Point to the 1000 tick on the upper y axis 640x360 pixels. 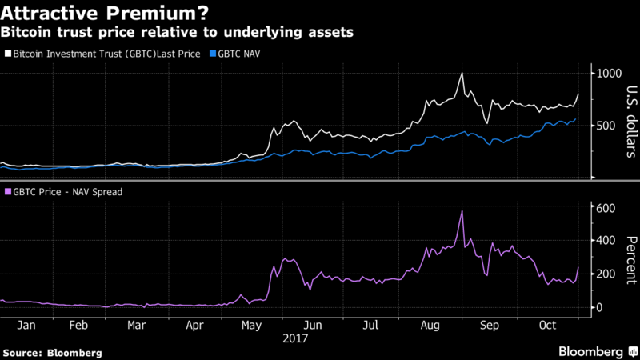610,74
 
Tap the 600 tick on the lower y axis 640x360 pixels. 606,208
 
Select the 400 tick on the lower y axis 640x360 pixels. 606,241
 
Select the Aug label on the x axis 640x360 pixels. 430,326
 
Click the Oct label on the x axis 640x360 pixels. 546,326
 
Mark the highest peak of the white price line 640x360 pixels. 462,74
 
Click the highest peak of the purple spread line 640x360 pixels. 462,211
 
